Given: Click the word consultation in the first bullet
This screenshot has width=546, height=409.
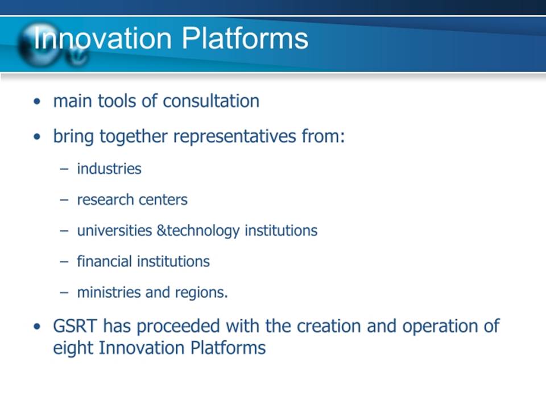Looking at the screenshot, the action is point(211,101).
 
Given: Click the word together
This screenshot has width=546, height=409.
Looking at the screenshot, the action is point(134,136).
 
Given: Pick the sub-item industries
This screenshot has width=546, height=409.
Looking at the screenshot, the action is point(109,169).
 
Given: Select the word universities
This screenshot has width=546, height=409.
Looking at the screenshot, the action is point(114,231).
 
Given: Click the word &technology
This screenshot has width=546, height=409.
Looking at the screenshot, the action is point(198,231).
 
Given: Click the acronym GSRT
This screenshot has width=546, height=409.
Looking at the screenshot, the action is point(75,326).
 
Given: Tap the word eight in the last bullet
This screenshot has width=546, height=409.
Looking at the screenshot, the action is point(73,348).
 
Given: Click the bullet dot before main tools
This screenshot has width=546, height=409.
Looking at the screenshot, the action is point(37,102).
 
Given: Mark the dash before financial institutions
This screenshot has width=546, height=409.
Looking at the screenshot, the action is point(64,262).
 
